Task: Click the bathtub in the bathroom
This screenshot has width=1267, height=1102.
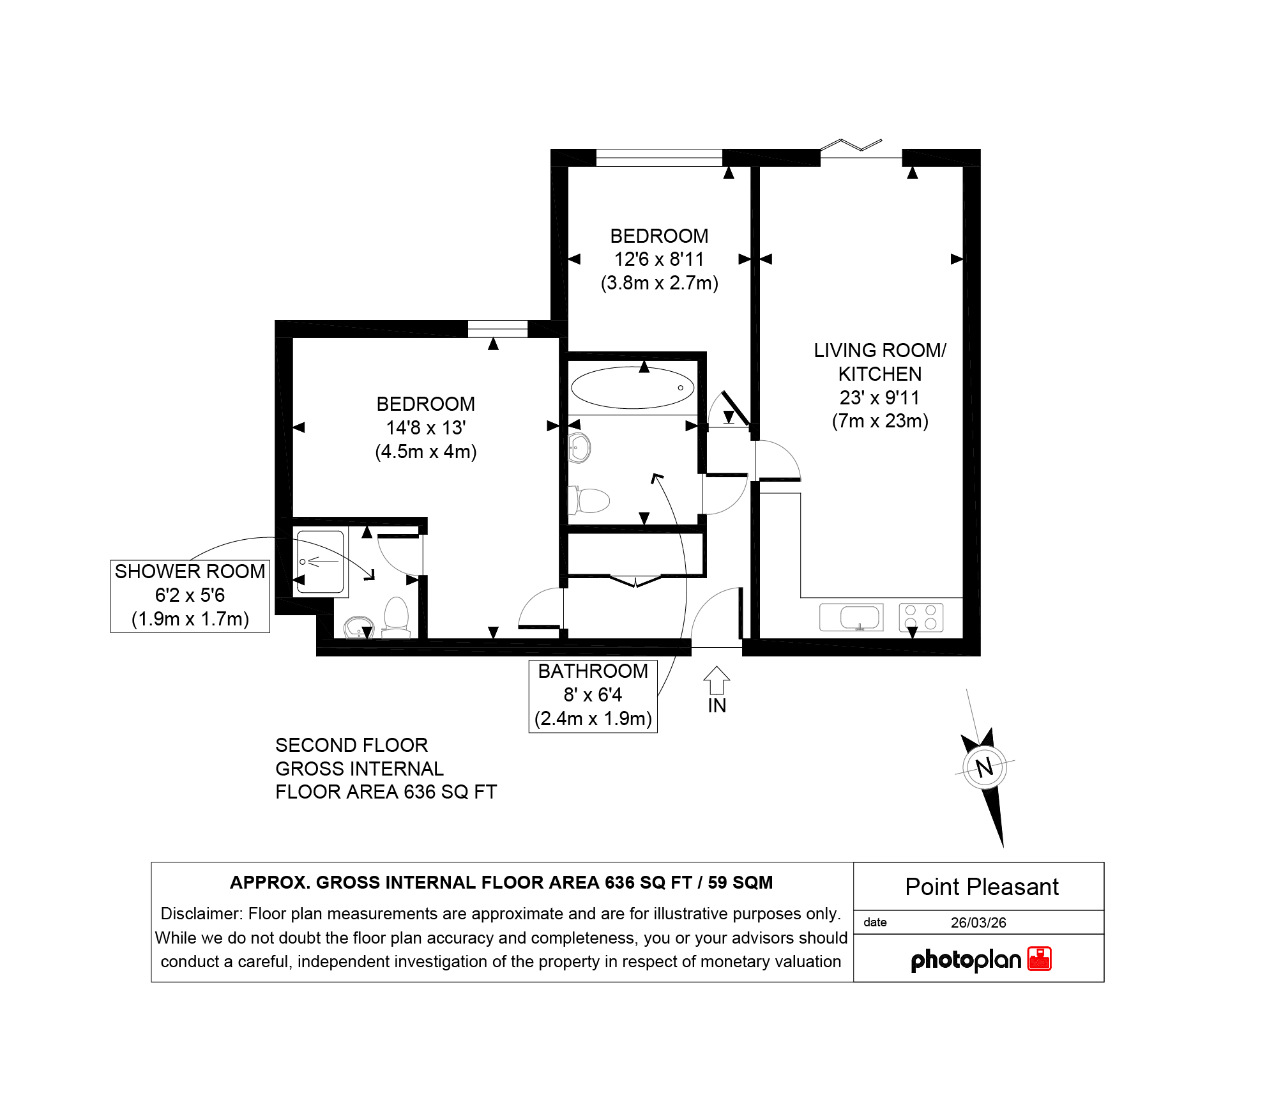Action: (x=632, y=388)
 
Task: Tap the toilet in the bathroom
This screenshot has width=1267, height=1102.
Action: (x=588, y=501)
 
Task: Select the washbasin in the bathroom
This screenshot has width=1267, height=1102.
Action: (x=579, y=448)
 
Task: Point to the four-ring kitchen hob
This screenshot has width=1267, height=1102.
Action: (x=921, y=617)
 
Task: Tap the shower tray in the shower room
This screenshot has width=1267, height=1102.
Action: (x=321, y=563)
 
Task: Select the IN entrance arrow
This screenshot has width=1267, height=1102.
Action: (x=717, y=680)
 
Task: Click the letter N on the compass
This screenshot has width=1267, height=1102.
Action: (x=985, y=767)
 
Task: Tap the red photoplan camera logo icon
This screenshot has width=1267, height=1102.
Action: (x=1039, y=959)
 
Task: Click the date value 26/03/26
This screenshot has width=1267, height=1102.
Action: (x=978, y=922)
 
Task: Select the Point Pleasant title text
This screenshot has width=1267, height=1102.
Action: (x=982, y=887)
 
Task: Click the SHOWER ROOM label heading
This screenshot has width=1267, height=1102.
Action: (x=190, y=571)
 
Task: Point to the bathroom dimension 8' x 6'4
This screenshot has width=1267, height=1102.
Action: (x=593, y=694)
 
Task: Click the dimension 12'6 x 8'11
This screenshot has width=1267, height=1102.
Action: (x=659, y=259)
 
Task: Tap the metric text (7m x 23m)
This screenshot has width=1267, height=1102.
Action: (x=880, y=421)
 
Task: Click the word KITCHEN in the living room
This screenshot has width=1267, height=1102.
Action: (x=880, y=374)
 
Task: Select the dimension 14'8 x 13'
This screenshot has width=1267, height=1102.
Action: (x=426, y=427)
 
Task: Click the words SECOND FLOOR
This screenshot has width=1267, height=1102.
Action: (x=351, y=745)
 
